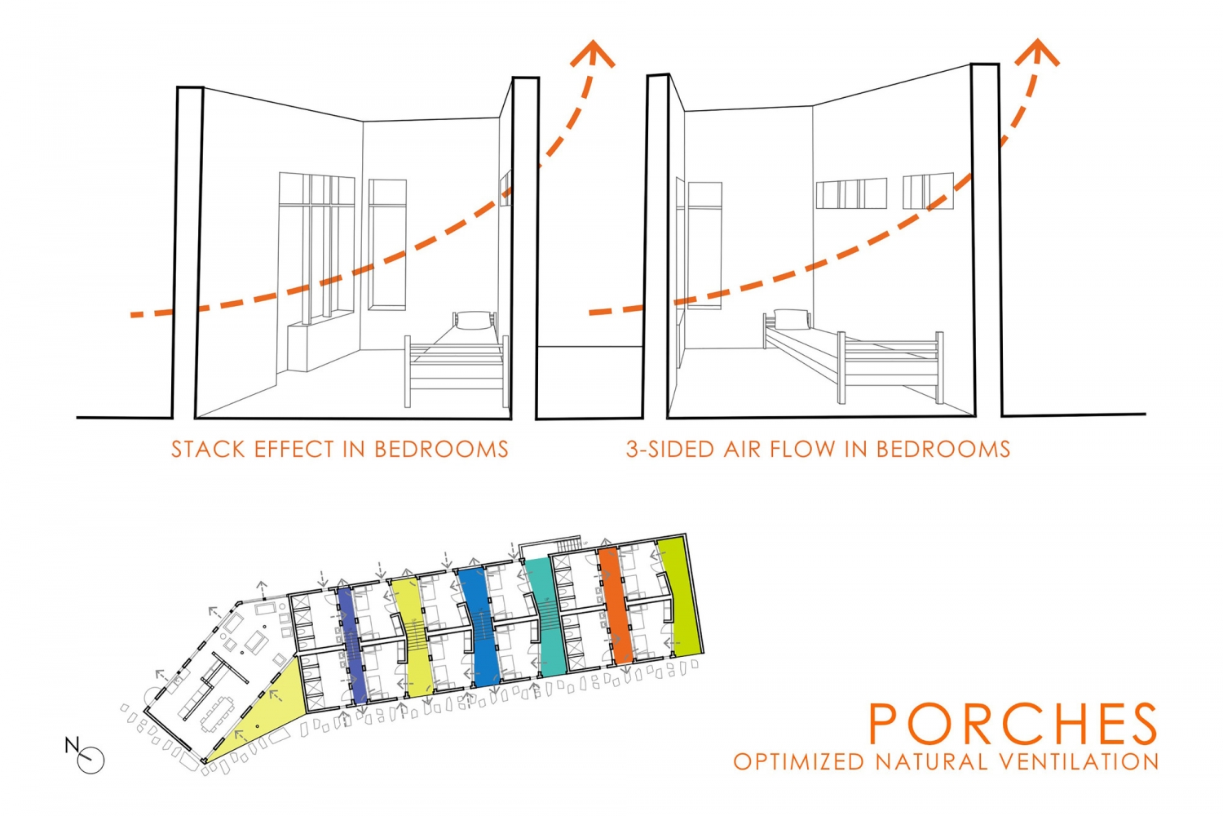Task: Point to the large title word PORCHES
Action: click(x=1013, y=723)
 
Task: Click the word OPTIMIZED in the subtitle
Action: click(x=799, y=761)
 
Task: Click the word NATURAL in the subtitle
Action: click(x=934, y=761)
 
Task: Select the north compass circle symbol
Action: click(x=91, y=761)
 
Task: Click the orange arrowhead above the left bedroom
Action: click(x=593, y=54)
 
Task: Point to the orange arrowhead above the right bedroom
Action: click(x=1037, y=52)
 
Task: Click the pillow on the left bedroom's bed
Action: click(x=474, y=320)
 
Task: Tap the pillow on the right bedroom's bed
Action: click(x=791, y=318)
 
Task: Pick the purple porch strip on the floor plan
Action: click(x=351, y=645)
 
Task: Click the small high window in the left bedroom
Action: click(x=506, y=188)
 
